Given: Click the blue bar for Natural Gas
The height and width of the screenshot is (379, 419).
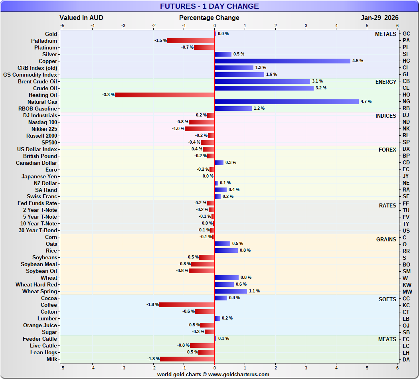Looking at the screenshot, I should pos(287,102).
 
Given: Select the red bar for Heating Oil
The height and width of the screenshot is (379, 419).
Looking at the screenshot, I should pos(164,95).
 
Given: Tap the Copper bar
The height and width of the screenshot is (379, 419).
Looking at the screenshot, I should pos(282,61).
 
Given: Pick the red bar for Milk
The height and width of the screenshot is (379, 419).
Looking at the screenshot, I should pos(187,359).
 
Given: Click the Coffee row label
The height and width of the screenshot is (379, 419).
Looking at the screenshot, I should pos(49,305).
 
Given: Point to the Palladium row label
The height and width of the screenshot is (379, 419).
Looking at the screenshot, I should pos(44,41).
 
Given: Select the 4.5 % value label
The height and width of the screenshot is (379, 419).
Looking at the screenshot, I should pos(358,61).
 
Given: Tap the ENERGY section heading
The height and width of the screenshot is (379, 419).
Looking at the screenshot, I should pos(385,82).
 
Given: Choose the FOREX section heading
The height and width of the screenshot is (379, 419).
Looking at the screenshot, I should pos(387,150).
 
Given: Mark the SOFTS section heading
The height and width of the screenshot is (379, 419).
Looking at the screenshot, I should pos(387,299).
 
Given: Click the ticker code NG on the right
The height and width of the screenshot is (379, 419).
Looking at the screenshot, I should pos(406,102).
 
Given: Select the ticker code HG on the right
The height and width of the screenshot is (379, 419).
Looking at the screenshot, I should pos(406,61).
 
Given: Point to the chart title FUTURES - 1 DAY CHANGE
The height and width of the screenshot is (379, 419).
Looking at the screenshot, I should pos(209,6).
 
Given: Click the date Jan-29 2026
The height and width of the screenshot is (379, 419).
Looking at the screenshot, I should pos(379,18).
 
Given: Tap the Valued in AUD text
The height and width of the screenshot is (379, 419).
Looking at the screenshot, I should pos(81,18).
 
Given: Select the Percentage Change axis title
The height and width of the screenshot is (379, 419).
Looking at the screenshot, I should pos(209,18).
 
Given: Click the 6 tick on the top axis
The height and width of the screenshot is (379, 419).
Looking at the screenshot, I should pos(397,26).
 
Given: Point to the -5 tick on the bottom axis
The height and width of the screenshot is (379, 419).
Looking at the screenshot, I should pos(62,367).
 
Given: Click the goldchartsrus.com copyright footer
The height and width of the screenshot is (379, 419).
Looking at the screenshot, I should pos(213,375).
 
